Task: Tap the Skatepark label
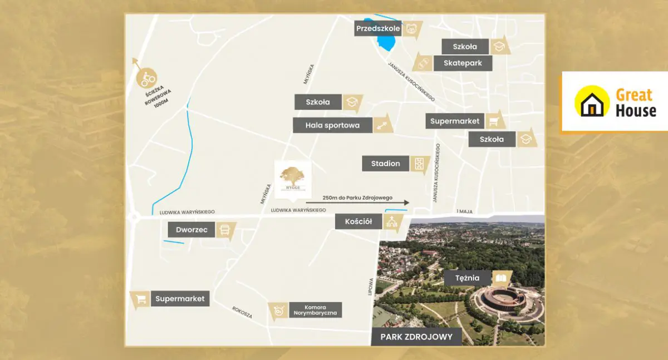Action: pos(463,63)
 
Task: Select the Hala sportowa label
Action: pos(332,125)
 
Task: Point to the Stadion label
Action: pos(386,164)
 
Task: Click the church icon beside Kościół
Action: pos(392,222)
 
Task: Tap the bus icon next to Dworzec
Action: pos(225,230)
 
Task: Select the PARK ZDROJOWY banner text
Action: pos(416,337)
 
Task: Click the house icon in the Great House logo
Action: pos(592,102)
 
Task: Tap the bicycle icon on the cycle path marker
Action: pos(148,78)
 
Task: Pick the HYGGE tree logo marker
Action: pos(293,176)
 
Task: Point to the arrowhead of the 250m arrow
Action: pos(406,203)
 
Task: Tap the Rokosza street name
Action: pos(242,313)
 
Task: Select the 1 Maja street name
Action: pos(464,211)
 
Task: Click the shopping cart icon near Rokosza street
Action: pos(141,299)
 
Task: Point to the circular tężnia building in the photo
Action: pos(502,300)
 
